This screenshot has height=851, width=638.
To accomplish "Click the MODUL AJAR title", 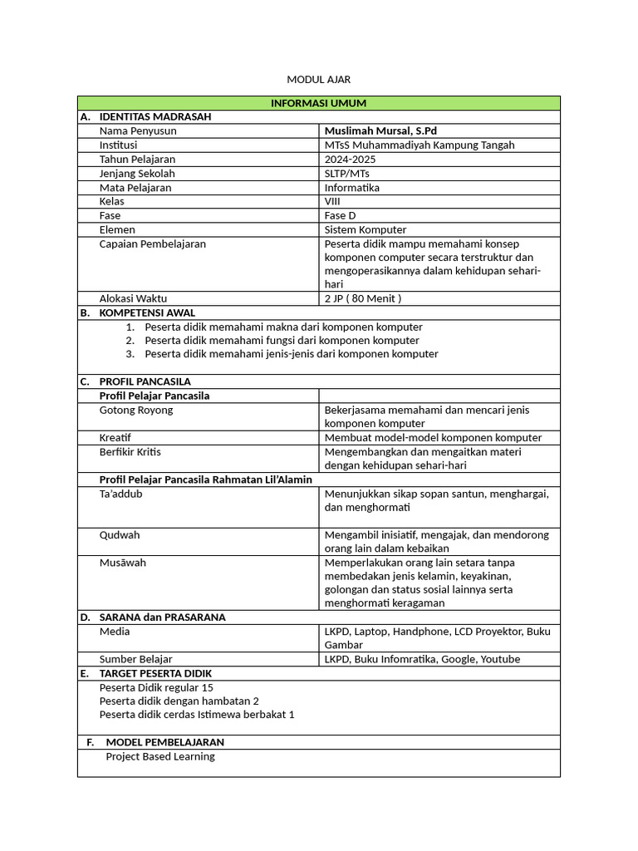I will tap(318, 79).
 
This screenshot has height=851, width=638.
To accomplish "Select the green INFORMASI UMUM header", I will tap(318, 103).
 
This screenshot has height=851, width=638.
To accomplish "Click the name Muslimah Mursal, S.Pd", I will tap(380, 130).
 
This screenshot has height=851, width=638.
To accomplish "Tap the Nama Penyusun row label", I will tap(137, 130).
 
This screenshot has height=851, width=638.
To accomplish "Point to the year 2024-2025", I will tap(351, 159).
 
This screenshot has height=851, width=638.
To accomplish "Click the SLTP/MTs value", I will tap(346, 173).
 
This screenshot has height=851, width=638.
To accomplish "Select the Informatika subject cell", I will tap(351, 187).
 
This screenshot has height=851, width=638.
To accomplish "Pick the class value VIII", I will tap(331, 201).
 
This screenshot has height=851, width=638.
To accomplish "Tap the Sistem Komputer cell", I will tap(366, 229).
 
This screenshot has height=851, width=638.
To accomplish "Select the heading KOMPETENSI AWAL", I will tap(147, 312).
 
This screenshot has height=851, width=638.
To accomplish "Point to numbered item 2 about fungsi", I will tap(282, 340).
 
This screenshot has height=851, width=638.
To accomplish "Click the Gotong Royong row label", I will tap(136, 410).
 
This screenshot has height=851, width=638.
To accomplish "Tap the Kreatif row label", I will tap(115, 437).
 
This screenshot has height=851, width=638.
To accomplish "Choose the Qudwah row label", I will tap(120, 535).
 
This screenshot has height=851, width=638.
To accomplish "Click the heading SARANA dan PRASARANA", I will tap(162, 617).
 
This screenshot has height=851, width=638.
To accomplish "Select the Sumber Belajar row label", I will tap(135, 659).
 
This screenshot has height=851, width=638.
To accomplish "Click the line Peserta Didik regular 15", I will tap(156, 687).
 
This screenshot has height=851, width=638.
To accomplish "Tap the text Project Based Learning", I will tap(160, 756).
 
